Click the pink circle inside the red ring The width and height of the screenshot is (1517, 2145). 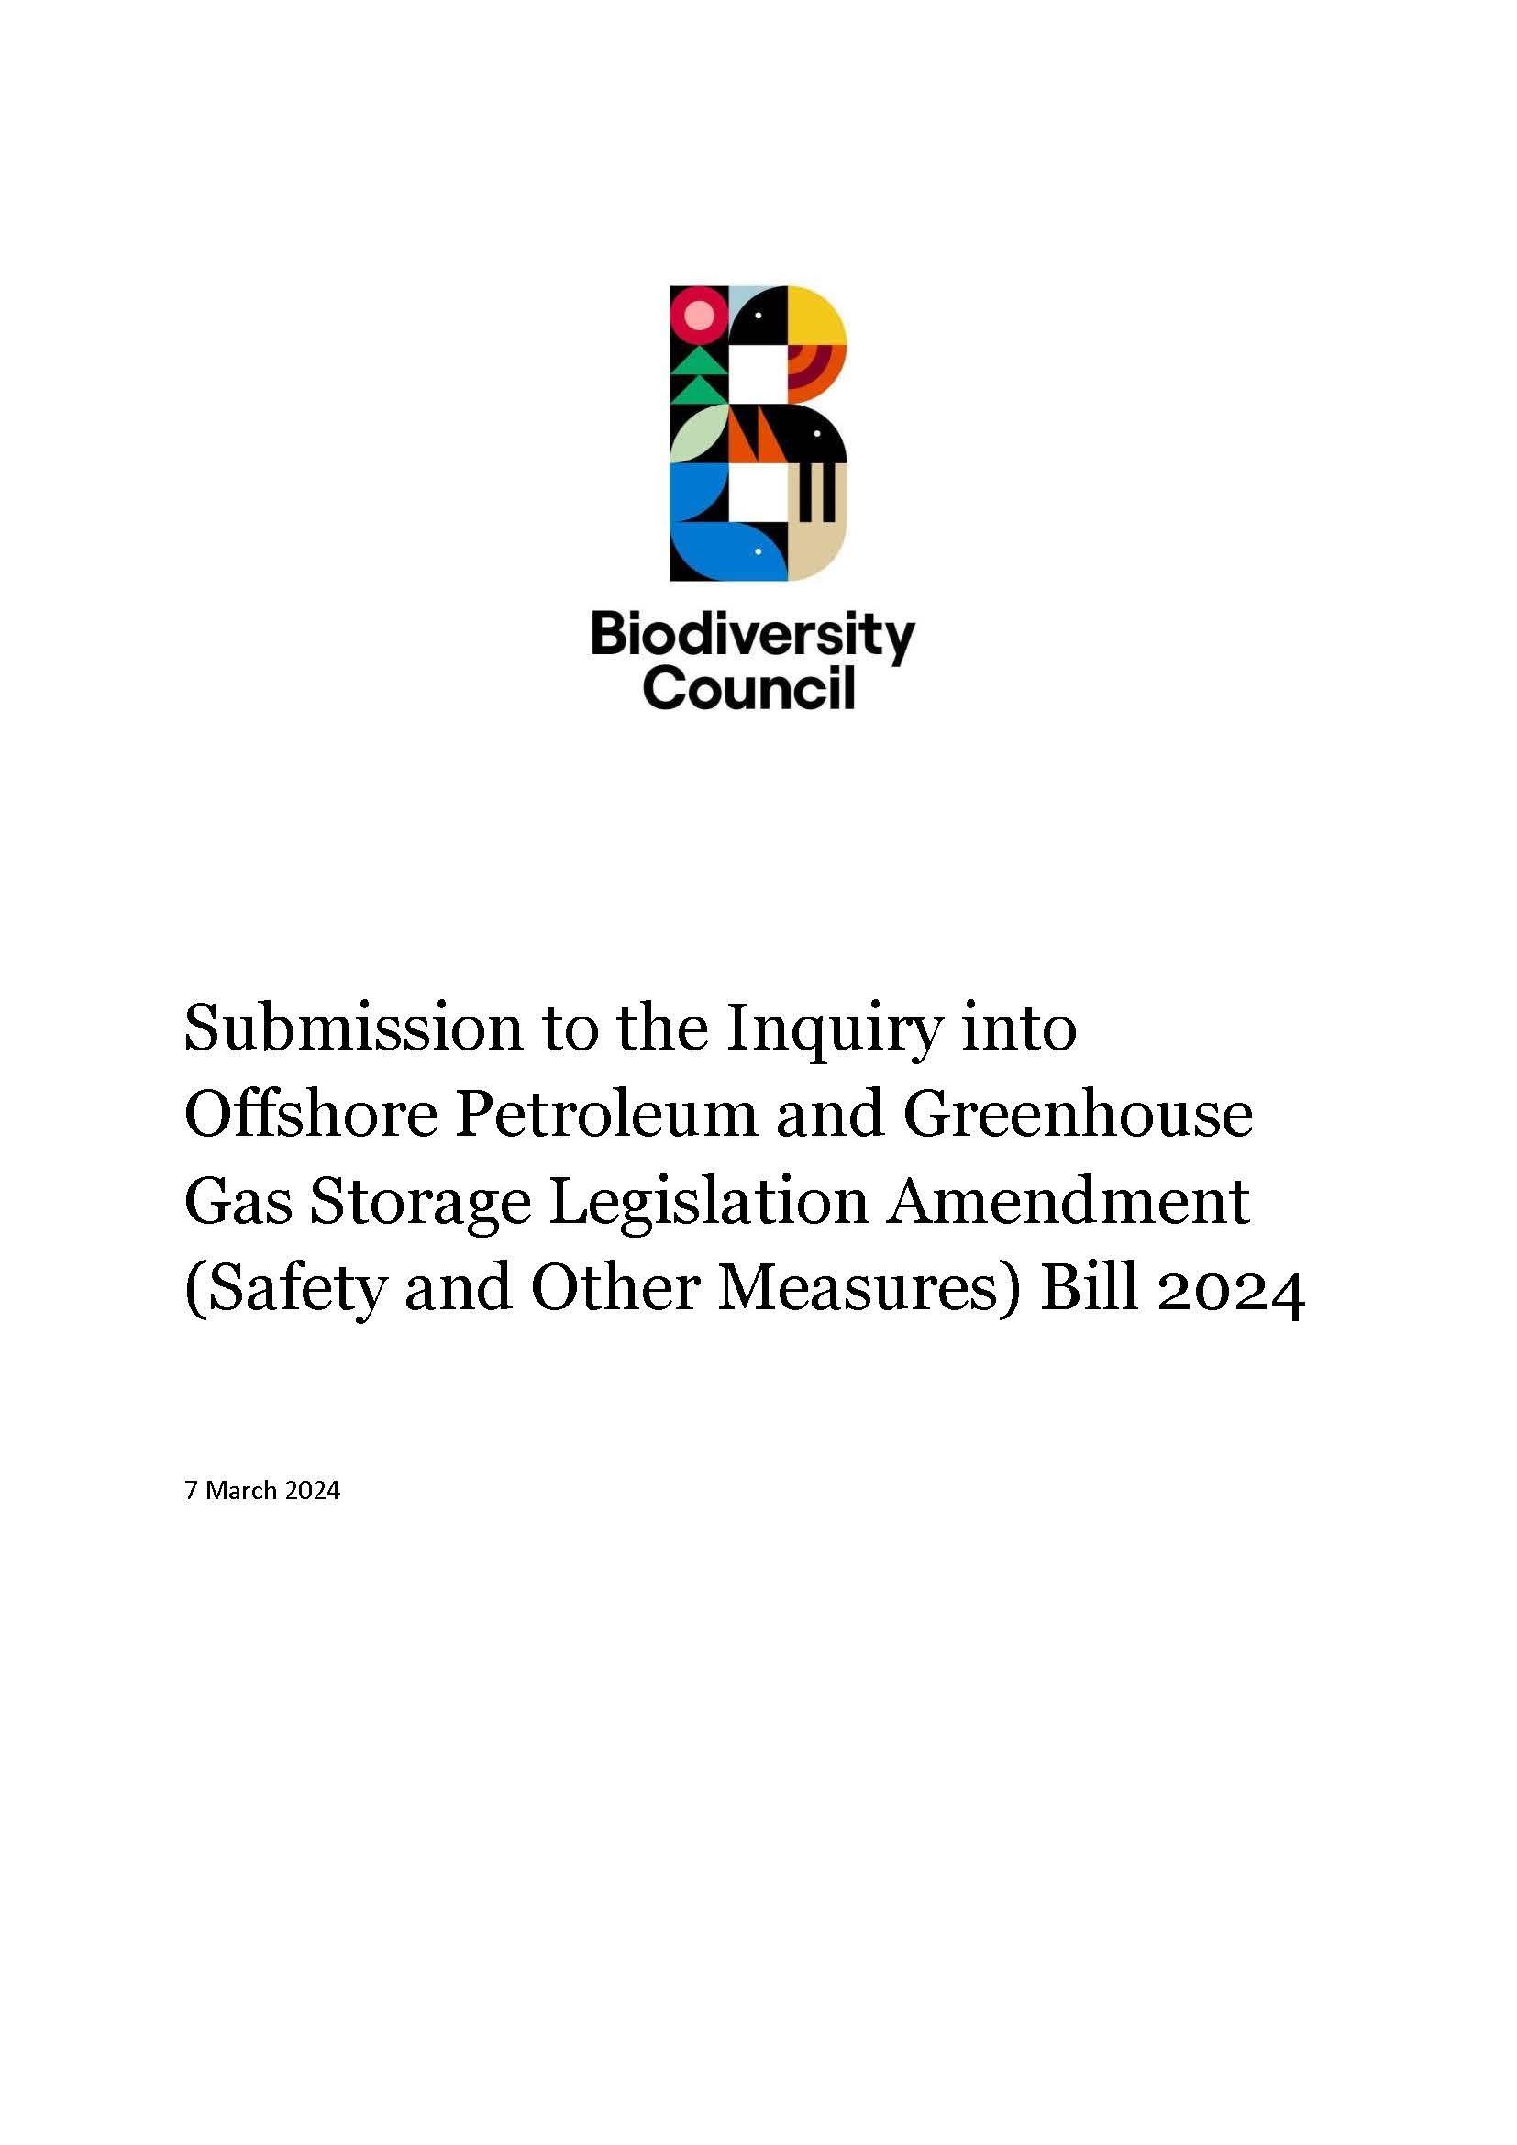[698, 315]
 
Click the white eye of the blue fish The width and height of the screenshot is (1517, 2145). [758, 550]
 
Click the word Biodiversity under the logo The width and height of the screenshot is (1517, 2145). [752, 638]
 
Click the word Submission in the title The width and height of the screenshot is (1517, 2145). [353, 1029]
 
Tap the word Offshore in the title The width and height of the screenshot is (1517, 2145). [311, 1116]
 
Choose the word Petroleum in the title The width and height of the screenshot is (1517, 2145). [605, 1116]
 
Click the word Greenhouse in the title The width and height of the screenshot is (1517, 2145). [1077, 1116]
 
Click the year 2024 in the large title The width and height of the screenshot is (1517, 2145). [1230, 1289]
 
